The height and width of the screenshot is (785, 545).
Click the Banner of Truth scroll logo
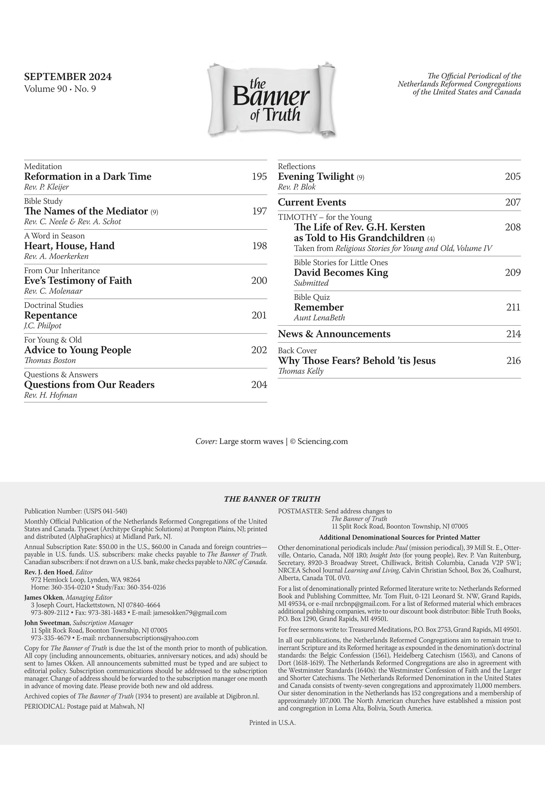[271, 100]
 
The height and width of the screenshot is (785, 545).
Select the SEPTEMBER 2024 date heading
[68, 76]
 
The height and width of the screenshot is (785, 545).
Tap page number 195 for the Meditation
[259, 176]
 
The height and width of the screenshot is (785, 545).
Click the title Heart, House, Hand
[69, 246]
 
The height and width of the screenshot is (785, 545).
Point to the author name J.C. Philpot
[43, 326]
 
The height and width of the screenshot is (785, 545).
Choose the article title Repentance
[51, 315]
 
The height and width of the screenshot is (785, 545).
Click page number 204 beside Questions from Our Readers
[259, 385]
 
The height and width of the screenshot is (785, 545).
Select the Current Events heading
[312, 202]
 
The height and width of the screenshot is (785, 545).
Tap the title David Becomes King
[341, 273]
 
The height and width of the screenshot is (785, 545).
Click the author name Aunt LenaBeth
[319, 318]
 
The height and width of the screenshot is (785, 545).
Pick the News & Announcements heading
[334, 334]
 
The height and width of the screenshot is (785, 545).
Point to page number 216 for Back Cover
[513, 361]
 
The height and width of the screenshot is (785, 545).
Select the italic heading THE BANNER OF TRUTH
[272, 499]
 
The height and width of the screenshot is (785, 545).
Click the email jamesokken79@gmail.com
[190, 612]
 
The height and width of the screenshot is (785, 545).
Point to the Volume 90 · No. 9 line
[60, 89]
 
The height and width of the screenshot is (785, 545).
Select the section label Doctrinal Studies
[53, 305]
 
